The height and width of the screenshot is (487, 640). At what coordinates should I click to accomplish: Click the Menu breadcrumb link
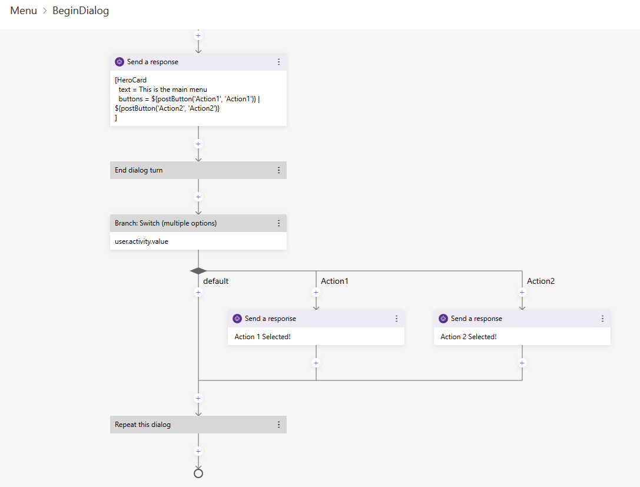[24, 11]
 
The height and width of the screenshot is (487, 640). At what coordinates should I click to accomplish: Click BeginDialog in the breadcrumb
[81, 11]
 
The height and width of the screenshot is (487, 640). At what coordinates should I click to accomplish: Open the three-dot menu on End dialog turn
[278, 170]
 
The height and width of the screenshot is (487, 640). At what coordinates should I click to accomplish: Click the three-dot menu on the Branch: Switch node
[278, 223]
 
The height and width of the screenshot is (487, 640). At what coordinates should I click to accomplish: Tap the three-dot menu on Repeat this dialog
[278, 425]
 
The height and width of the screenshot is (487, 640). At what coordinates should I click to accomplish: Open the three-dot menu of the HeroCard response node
[278, 62]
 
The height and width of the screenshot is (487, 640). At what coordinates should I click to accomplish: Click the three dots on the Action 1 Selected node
[396, 319]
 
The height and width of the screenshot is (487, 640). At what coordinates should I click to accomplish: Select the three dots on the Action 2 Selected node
[602, 319]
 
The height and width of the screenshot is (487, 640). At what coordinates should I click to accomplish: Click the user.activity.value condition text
[141, 241]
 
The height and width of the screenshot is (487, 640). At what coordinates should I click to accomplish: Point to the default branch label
[215, 281]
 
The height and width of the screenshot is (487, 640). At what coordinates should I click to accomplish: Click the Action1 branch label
[334, 281]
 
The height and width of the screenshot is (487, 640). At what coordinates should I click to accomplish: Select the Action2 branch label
[540, 281]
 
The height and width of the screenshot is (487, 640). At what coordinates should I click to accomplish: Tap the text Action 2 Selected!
[469, 337]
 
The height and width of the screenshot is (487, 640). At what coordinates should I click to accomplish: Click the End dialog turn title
[139, 170]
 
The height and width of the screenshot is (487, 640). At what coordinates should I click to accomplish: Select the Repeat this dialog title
[142, 425]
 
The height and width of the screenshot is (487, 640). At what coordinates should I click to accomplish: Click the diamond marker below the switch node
[198, 271]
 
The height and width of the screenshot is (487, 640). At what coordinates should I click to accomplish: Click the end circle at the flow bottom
[198, 473]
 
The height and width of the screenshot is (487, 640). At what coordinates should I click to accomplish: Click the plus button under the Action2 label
[522, 292]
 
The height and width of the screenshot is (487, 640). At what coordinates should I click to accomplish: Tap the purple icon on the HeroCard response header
[120, 62]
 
